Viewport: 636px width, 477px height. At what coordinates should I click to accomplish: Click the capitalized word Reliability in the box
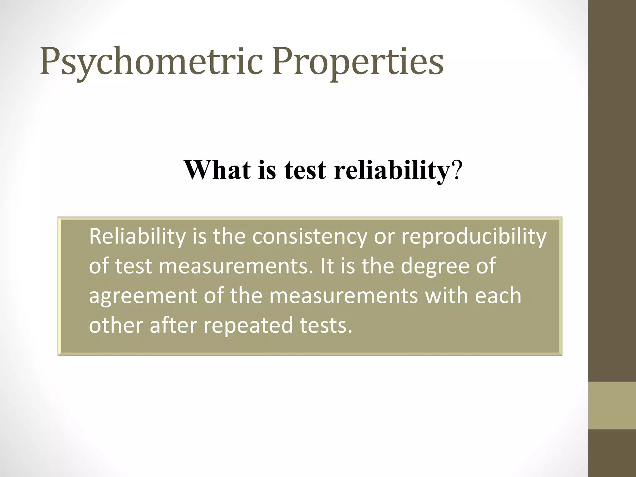point(137,237)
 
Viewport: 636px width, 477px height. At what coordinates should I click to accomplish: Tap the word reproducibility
point(474,237)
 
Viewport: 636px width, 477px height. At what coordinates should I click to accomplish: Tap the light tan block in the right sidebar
point(612,405)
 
